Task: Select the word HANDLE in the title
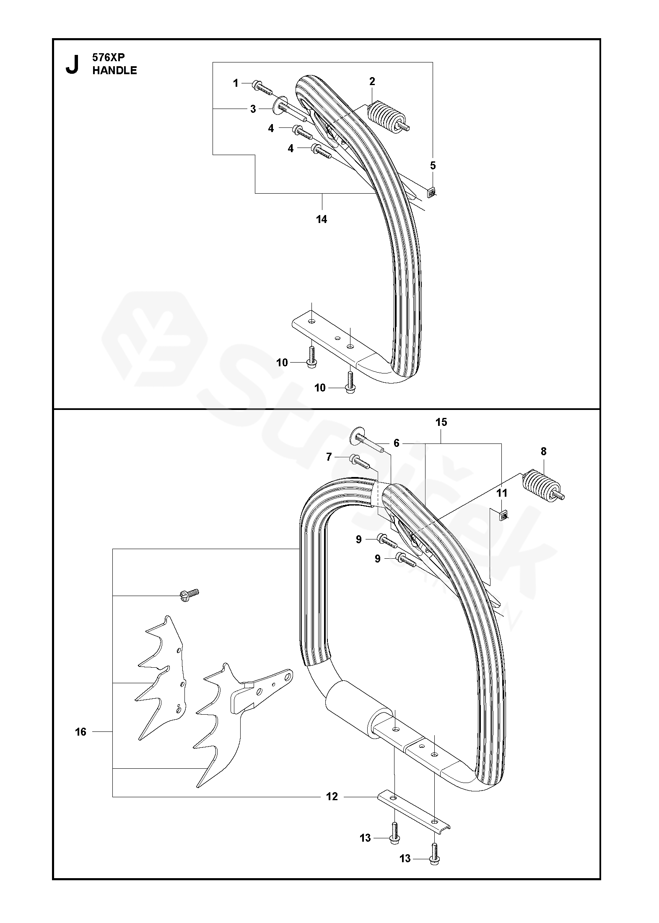pos(114,70)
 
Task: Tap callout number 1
pos(236,83)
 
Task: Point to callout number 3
pos(253,109)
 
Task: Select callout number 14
pos(322,219)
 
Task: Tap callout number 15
pos(441,422)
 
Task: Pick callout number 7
pos(329,456)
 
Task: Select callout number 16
pos(80,732)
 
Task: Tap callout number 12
pos(332,796)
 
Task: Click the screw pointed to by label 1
pos(262,88)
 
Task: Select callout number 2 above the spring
pos(372,81)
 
